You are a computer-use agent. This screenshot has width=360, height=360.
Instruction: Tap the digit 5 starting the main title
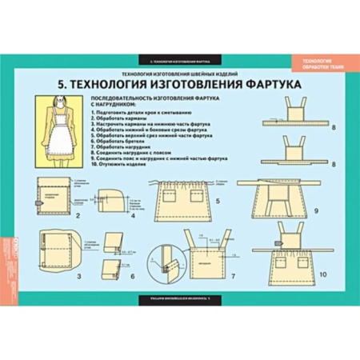click(62, 82)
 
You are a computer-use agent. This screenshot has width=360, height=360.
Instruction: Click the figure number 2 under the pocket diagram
click(78, 215)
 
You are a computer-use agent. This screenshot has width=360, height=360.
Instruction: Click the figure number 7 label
click(232, 276)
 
